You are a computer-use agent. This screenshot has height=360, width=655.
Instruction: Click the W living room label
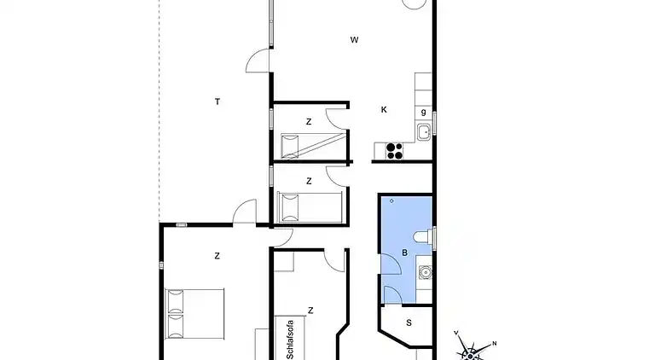[x=354, y=40]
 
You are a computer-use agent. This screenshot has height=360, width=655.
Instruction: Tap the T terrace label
[x=217, y=102]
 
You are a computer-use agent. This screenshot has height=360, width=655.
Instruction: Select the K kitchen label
[x=384, y=110]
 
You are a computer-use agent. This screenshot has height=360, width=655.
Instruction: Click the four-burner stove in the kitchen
[x=394, y=151]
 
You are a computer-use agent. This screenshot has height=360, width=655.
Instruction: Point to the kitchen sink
[x=424, y=132]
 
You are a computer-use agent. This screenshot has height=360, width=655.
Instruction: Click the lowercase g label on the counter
[x=424, y=112]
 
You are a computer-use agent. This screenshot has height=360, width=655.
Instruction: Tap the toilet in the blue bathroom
[x=423, y=237]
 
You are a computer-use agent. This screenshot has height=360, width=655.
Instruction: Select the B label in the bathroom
[x=404, y=253]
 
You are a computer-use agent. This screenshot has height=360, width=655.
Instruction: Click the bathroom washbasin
[x=426, y=273]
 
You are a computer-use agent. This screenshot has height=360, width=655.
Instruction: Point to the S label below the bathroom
[x=409, y=322]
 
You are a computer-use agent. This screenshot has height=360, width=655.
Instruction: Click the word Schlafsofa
[x=290, y=340]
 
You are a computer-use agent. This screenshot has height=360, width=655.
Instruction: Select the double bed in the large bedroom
[x=194, y=314]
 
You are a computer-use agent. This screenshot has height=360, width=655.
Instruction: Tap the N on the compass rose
[x=494, y=343]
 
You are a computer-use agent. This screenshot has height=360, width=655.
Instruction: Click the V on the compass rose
[x=456, y=333]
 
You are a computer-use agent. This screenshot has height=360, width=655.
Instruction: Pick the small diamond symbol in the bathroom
[x=391, y=200]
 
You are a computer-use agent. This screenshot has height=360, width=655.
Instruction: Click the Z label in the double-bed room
[x=217, y=256]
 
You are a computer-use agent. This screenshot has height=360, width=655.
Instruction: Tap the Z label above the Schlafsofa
[x=310, y=311]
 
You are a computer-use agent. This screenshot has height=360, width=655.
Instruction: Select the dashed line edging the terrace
[x=159, y=111]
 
